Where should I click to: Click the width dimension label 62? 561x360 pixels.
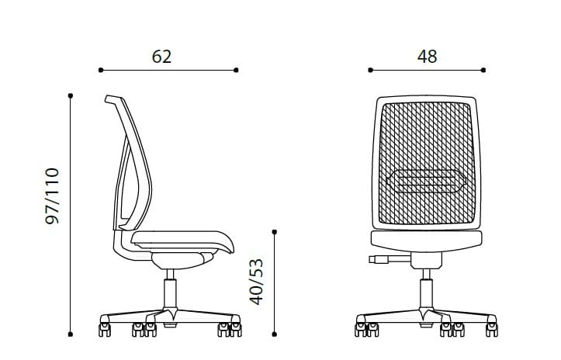coord(161,57)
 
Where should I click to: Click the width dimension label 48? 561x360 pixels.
coord(427,57)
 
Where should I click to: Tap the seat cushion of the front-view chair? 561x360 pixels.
coord(428,241)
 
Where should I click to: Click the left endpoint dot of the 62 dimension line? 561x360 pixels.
coord(101,70)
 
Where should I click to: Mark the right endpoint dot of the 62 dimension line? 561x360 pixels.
coord(236,70)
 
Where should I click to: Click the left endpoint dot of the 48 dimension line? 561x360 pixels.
coord(371,70)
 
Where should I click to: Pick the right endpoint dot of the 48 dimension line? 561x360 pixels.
coord(484,70)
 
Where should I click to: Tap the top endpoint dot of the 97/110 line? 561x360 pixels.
coord(71,96)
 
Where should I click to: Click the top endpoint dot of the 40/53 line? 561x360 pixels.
coord(275,231)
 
